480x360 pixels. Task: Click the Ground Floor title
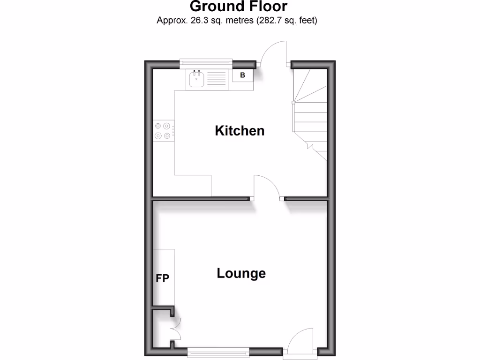point(239,7)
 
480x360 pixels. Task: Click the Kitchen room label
point(240,131)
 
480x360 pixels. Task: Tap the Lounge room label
point(241,273)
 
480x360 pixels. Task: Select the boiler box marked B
point(243,75)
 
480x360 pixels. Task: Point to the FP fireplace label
point(163,278)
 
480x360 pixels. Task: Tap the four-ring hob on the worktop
point(163,131)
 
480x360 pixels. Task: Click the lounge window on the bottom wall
point(218,352)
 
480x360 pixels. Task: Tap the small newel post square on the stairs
point(293,102)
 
